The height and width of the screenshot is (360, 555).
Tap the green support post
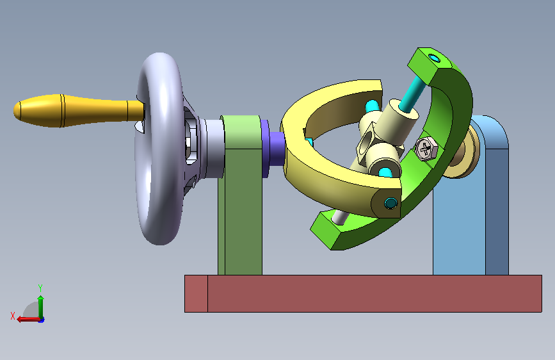pos(241,195)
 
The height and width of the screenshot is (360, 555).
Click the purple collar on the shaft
pos(273,149)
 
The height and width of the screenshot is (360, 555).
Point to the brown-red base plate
pos(363,294)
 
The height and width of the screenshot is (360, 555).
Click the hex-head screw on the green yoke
pos(426,148)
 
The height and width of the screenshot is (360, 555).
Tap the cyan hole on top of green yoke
pos(433,58)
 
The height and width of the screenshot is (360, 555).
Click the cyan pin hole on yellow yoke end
pos(390,203)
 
